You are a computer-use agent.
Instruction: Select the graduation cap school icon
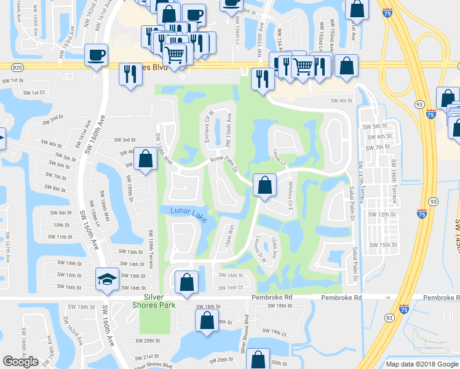107,280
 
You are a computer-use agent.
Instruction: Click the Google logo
20,362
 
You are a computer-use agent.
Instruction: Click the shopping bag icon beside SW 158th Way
145,159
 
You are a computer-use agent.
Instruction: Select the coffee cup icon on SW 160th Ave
96,55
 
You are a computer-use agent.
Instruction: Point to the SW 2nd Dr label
52,118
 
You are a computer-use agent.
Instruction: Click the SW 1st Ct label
35,92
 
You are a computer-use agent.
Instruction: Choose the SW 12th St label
382,214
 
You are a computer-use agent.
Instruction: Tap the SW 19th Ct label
275,332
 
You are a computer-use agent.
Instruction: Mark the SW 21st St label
148,356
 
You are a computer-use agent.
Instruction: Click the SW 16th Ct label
231,287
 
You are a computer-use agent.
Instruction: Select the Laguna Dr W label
260,249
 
